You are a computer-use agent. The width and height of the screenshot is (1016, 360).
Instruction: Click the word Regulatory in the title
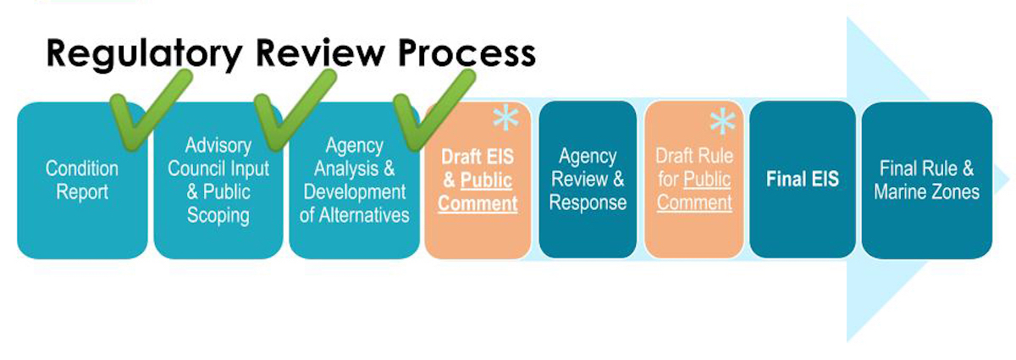[x=144, y=54]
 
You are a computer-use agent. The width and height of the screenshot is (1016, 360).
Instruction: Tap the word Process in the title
[x=467, y=53]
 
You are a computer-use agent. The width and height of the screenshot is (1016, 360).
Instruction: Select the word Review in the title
[x=320, y=53]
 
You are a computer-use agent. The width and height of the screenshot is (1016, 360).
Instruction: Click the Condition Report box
[x=82, y=180]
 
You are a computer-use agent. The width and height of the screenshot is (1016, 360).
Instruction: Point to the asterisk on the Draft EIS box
[x=505, y=118]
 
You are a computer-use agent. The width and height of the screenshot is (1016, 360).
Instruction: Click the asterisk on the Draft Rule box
[x=722, y=121]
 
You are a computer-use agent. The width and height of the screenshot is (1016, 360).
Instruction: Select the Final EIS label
[x=803, y=179]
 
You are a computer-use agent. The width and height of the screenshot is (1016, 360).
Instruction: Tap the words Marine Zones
[x=926, y=192]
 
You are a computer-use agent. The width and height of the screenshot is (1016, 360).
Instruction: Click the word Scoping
[x=218, y=216]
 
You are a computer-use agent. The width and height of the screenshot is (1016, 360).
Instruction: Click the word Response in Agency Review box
[x=588, y=203]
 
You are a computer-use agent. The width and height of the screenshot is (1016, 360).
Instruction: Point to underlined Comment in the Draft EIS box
[x=478, y=203]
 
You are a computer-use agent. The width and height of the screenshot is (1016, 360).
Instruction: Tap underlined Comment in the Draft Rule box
[x=694, y=202]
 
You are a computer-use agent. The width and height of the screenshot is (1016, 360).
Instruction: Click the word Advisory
[x=218, y=147]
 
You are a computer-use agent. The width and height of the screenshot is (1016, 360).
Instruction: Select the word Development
[x=355, y=192]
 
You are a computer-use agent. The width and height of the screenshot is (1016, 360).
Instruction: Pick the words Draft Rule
[x=694, y=156]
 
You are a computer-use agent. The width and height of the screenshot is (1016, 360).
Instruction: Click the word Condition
[x=82, y=169]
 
